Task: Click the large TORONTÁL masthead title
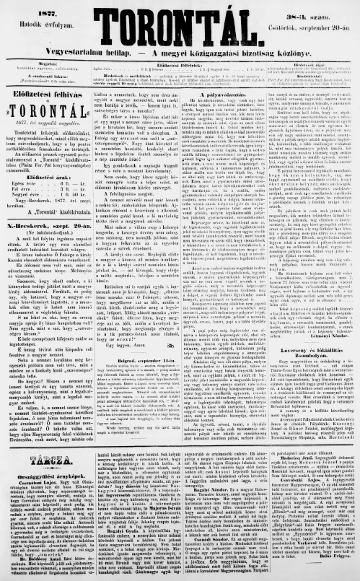point(181,19)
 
